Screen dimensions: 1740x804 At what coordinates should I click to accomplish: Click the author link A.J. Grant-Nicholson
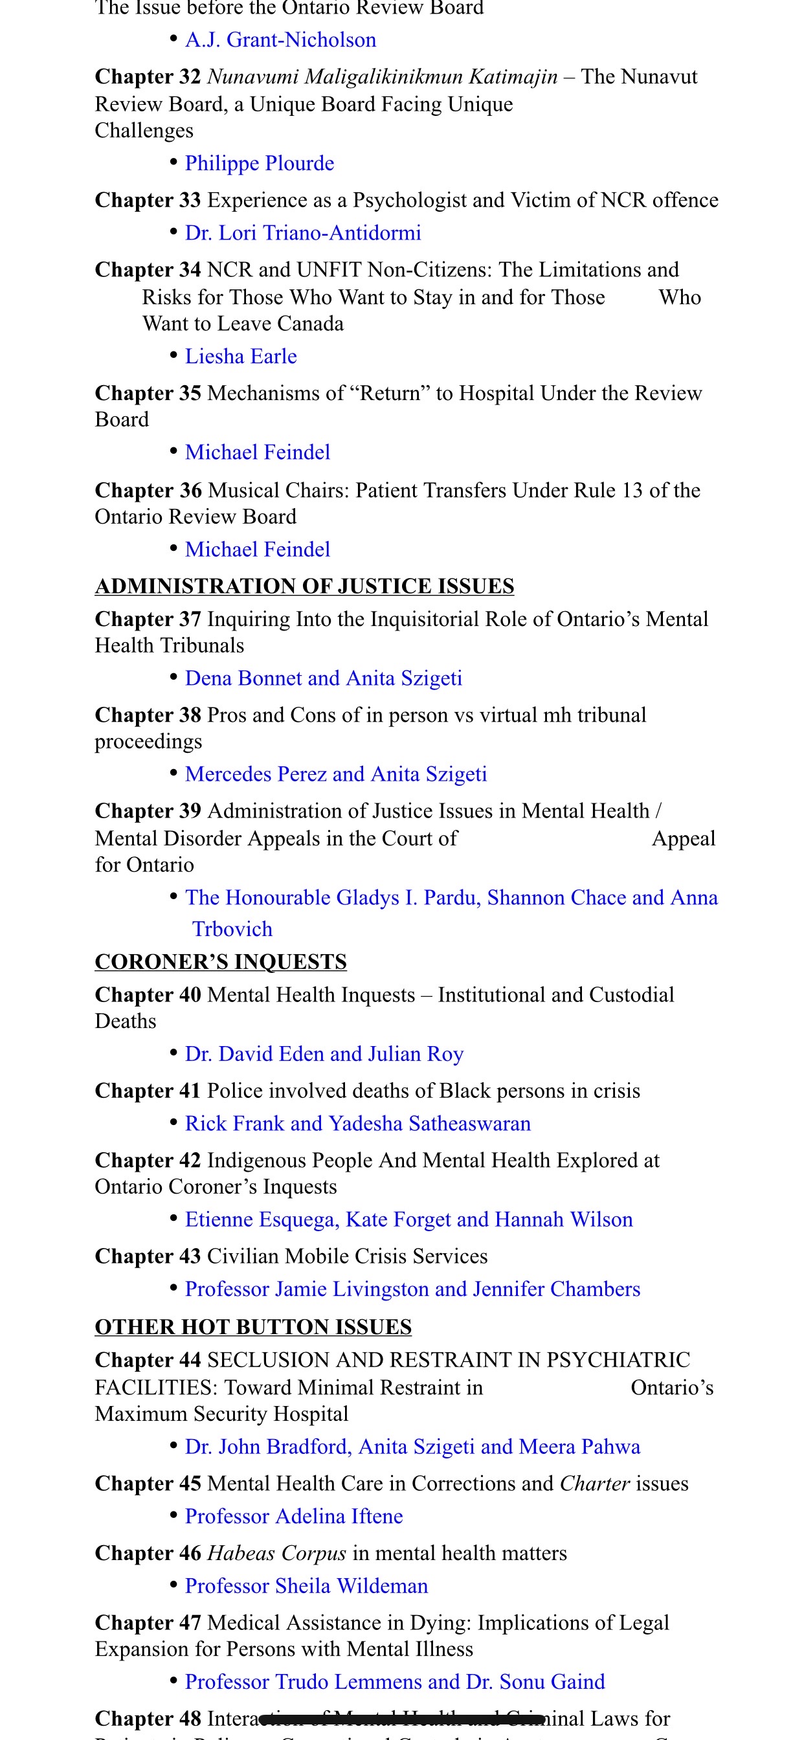280,40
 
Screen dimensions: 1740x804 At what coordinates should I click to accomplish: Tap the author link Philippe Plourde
260,164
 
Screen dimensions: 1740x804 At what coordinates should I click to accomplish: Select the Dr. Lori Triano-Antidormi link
303,233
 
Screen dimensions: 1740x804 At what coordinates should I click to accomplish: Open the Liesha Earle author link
241,357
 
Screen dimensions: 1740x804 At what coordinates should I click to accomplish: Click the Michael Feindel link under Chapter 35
258,452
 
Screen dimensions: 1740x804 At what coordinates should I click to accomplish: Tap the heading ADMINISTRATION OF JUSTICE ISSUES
304,586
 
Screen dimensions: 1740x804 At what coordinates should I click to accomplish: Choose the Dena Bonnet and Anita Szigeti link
324,678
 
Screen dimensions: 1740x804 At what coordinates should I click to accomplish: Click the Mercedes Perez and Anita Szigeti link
336,774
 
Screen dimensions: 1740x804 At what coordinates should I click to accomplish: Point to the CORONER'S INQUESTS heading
220,962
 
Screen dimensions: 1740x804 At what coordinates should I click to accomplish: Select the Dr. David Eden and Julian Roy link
324,1054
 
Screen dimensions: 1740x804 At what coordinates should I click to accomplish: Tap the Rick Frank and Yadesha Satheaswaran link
357,1124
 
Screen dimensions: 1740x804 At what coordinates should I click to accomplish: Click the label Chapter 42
148,1161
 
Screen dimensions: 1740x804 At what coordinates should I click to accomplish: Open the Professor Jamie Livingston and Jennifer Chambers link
412,1289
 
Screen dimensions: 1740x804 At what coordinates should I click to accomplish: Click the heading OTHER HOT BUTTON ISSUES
252,1326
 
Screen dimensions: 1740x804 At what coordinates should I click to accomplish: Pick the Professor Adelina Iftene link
294,1517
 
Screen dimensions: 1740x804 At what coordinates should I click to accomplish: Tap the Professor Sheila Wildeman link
306,1586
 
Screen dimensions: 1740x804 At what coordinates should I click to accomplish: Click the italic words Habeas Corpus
276,1554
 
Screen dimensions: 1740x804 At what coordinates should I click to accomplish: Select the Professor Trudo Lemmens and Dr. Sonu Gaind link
395,1682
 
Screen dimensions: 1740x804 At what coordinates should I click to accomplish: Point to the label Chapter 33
148,201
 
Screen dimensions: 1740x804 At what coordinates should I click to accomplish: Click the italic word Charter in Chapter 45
594,1484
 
